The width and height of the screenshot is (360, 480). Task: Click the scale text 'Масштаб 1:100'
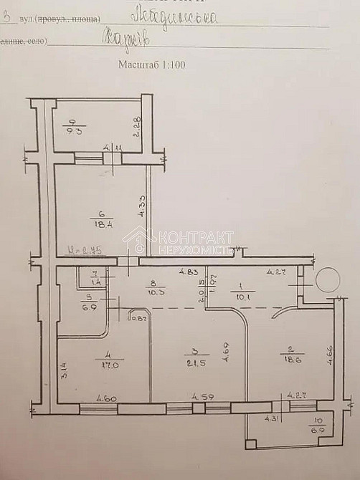[153, 64]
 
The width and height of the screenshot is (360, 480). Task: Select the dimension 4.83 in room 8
[189, 272]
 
